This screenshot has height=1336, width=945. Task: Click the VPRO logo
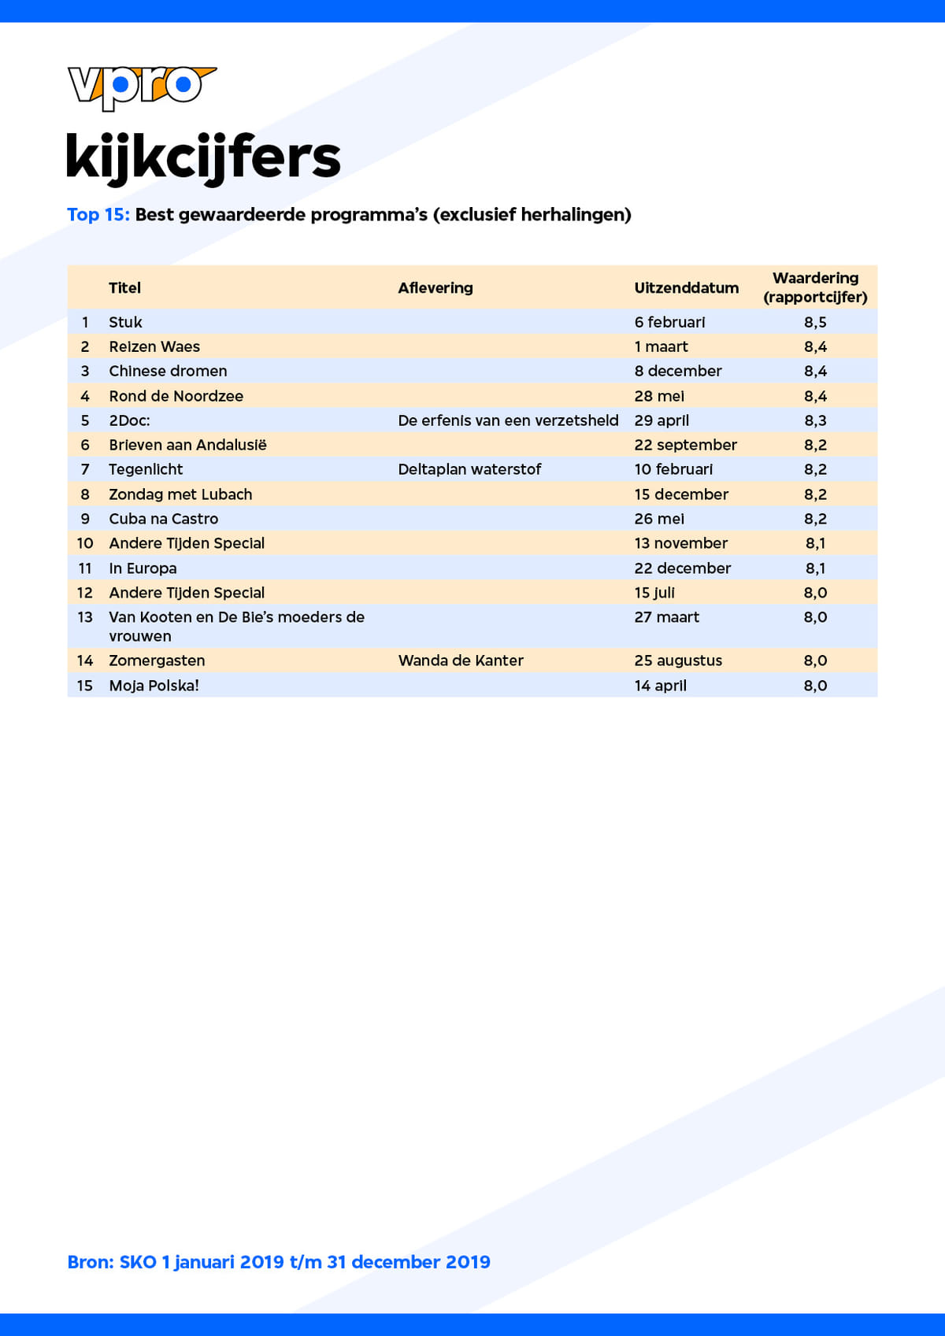click(x=142, y=87)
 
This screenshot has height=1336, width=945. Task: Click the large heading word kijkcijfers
click(x=203, y=157)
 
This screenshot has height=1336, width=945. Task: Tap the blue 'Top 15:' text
click(x=98, y=215)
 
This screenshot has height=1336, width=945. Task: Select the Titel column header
click(x=124, y=288)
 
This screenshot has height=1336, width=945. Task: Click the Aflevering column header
click(x=435, y=288)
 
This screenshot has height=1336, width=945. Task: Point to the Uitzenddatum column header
click(x=686, y=288)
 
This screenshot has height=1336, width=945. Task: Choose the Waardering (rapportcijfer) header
click(x=815, y=287)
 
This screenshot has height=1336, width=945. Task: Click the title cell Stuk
click(x=125, y=322)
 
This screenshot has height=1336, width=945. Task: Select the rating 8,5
click(x=815, y=322)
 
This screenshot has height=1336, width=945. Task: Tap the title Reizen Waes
click(x=154, y=346)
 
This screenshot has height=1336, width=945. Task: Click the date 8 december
click(x=677, y=371)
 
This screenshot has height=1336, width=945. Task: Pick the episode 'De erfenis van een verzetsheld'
click(x=508, y=420)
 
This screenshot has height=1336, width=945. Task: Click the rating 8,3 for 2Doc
click(x=815, y=420)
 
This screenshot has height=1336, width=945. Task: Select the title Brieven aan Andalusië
click(x=187, y=445)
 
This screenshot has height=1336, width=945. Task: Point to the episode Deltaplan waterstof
click(x=469, y=469)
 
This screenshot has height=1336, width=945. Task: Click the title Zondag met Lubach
click(x=180, y=494)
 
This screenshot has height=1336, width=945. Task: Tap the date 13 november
click(x=680, y=543)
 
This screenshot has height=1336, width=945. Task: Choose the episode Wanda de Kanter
click(x=461, y=661)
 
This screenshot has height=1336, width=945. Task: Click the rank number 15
click(x=85, y=686)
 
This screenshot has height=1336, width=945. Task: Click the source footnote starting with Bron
click(x=279, y=1262)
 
